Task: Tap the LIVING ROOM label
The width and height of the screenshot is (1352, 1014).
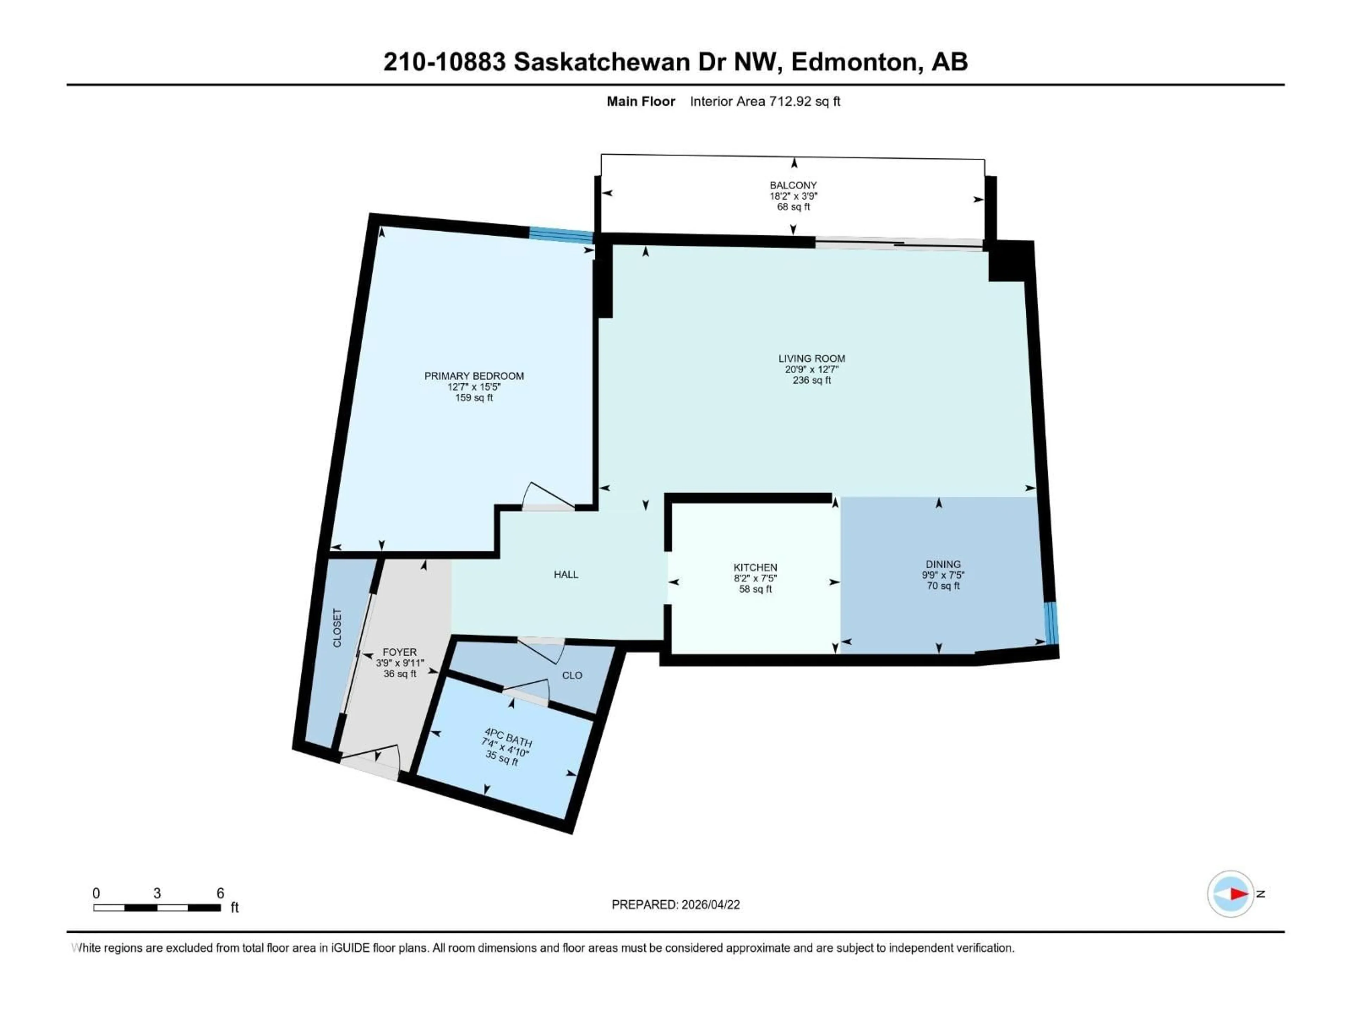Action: point(811,359)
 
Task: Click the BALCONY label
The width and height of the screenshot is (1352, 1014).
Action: point(793,185)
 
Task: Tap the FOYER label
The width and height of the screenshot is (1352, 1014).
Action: point(399,652)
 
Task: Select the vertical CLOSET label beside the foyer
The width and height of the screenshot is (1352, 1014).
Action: point(337,628)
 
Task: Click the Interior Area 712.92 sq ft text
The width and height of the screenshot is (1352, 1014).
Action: point(765,101)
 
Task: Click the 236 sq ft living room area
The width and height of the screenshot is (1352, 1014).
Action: point(811,380)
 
